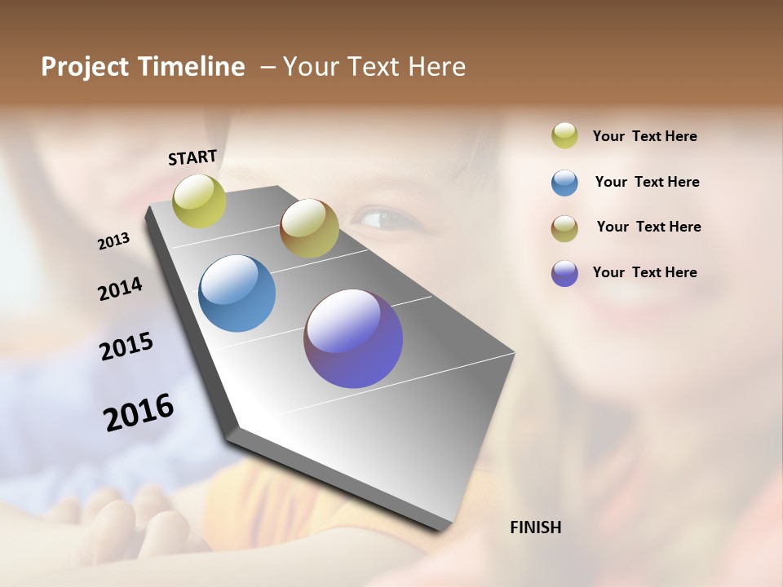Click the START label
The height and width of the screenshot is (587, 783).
click(x=192, y=157)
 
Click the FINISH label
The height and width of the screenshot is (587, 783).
click(x=535, y=527)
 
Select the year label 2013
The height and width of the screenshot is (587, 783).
click(x=113, y=241)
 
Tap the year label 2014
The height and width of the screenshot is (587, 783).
click(x=120, y=289)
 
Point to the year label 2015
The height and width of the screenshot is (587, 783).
click(x=126, y=346)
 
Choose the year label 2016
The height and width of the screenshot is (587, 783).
click(x=139, y=413)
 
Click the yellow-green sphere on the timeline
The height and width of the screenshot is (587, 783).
click(x=200, y=201)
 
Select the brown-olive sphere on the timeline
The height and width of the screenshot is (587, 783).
click(x=309, y=228)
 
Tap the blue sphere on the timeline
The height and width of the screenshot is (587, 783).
click(x=237, y=293)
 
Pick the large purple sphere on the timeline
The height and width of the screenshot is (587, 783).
click(x=353, y=338)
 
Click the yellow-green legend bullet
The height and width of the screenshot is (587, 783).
click(x=564, y=135)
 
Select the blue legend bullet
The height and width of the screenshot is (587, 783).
click(x=564, y=183)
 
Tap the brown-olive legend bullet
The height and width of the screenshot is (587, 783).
click(x=564, y=227)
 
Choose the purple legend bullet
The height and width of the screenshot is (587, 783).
click(x=564, y=273)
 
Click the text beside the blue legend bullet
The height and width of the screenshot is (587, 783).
click(x=647, y=182)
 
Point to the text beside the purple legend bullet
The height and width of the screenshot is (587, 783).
click(x=644, y=272)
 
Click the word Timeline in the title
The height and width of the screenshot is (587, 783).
click(x=192, y=67)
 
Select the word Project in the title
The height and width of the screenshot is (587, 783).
click(x=86, y=67)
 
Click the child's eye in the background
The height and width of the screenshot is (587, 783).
click(x=382, y=218)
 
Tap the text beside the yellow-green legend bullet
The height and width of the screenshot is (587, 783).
click(x=644, y=136)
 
